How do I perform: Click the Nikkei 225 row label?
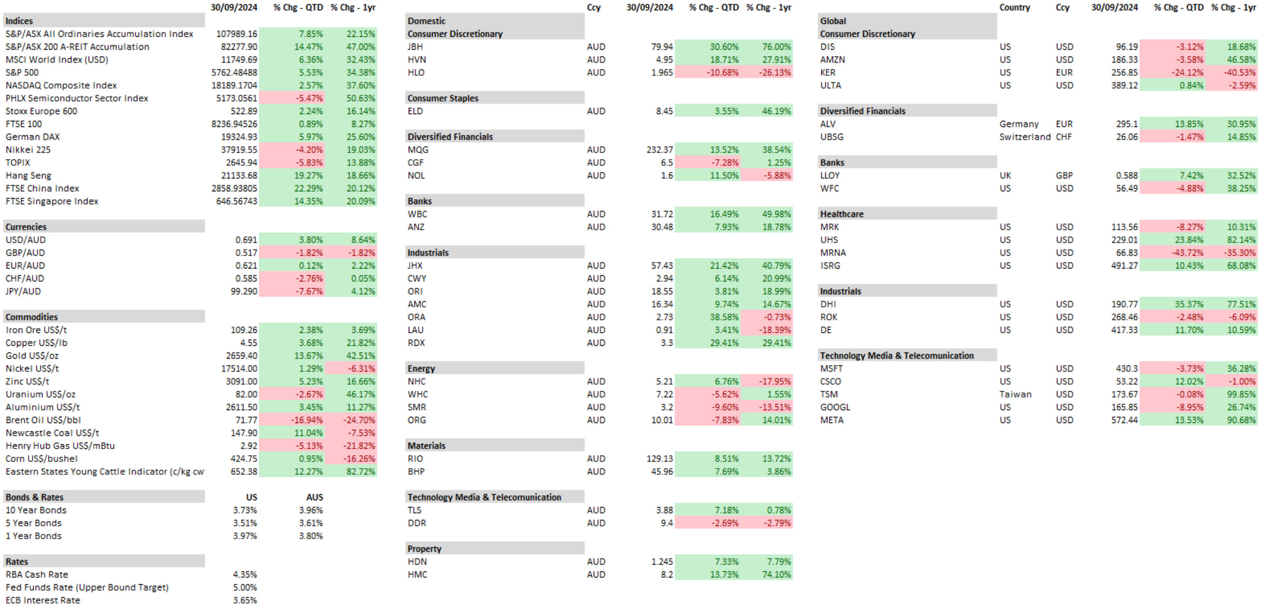[x=28, y=150]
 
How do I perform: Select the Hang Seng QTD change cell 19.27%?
[x=308, y=176]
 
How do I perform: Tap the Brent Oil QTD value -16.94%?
[x=307, y=420]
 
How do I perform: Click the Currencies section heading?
[x=26, y=227]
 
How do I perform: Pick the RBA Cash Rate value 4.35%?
[x=245, y=574]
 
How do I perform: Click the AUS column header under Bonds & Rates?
[x=314, y=497]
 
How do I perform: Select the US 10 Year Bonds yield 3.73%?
[x=245, y=510]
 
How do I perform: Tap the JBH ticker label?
[x=415, y=47]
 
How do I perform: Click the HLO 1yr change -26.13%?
[x=775, y=73]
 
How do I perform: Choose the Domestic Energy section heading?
[x=421, y=369]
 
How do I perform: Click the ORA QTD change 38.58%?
[x=724, y=317]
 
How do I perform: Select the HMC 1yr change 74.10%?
[x=777, y=574]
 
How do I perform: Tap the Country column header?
[x=1015, y=8]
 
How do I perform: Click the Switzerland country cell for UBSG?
[x=1025, y=137]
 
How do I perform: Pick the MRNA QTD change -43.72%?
[x=1188, y=253]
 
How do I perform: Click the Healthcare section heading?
[x=842, y=214]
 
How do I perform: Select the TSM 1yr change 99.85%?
[x=1241, y=395]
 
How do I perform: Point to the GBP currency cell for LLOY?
[x=1064, y=176]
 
